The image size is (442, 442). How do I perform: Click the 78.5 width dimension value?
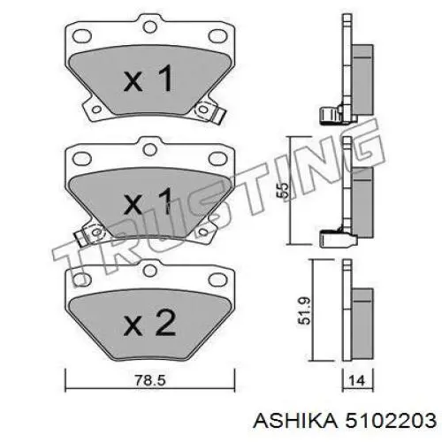pos(150,380)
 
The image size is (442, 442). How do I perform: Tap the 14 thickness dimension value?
pos(357,381)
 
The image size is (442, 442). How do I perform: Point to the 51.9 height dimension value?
pos(304,311)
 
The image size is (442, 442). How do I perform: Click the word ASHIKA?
pos(295,420)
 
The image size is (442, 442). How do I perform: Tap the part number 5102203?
pos(391,420)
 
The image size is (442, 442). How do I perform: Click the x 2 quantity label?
pos(149,323)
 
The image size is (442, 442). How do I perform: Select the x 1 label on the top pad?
pos(149,78)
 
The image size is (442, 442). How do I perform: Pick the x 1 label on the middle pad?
pos(149,201)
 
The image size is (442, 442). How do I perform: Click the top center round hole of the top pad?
pos(149,27)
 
